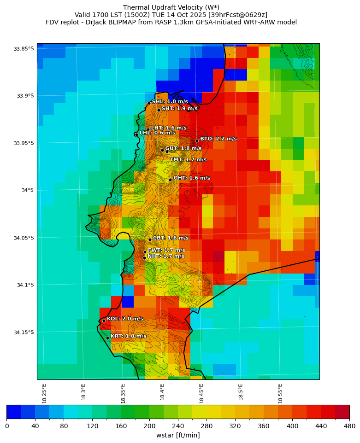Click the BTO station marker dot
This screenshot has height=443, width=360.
[x=197, y=140]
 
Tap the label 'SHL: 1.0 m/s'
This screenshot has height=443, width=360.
[x=170, y=101]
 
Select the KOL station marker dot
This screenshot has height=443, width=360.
[x=104, y=321]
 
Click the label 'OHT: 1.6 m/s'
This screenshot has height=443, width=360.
[x=191, y=178]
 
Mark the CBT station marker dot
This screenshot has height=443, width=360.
[x=150, y=239]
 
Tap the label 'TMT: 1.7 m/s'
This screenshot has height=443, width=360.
[x=188, y=160]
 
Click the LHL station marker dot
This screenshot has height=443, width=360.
[x=136, y=134]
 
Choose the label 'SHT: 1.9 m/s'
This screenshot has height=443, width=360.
[x=179, y=108]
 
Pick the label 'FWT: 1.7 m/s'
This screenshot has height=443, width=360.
[x=166, y=250]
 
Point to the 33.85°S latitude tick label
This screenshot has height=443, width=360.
[x=24, y=49]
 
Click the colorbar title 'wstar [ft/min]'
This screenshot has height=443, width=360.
[x=178, y=435]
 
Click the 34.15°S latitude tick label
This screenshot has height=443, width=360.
[x=24, y=332]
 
